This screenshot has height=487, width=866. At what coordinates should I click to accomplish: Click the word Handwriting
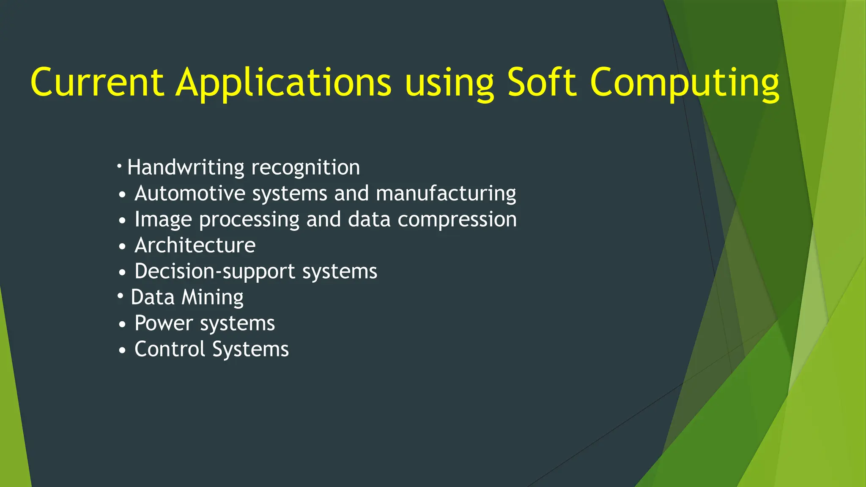pyautogui.click(x=186, y=168)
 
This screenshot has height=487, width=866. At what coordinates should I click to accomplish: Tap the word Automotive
pyautogui.click(x=190, y=194)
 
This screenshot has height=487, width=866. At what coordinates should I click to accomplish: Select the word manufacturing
pyautogui.click(x=446, y=194)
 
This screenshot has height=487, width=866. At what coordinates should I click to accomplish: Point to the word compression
pyautogui.click(x=457, y=220)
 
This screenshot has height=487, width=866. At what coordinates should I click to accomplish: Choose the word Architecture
pyautogui.click(x=195, y=245)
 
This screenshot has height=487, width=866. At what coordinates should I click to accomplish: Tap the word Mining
pyautogui.click(x=212, y=298)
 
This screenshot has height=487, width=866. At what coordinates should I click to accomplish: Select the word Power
pyautogui.click(x=164, y=323)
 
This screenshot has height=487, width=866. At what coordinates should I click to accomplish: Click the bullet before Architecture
pyautogui.click(x=122, y=246)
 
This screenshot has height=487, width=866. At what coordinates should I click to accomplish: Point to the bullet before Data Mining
pyautogui.click(x=121, y=295)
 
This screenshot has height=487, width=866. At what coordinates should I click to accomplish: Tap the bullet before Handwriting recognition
pyautogui.click(x=120, y=164)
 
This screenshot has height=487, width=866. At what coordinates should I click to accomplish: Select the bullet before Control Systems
pyautogui.click(x=122, y=350)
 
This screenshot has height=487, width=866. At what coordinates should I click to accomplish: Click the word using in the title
pyautogui.click(x=449, y=83)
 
